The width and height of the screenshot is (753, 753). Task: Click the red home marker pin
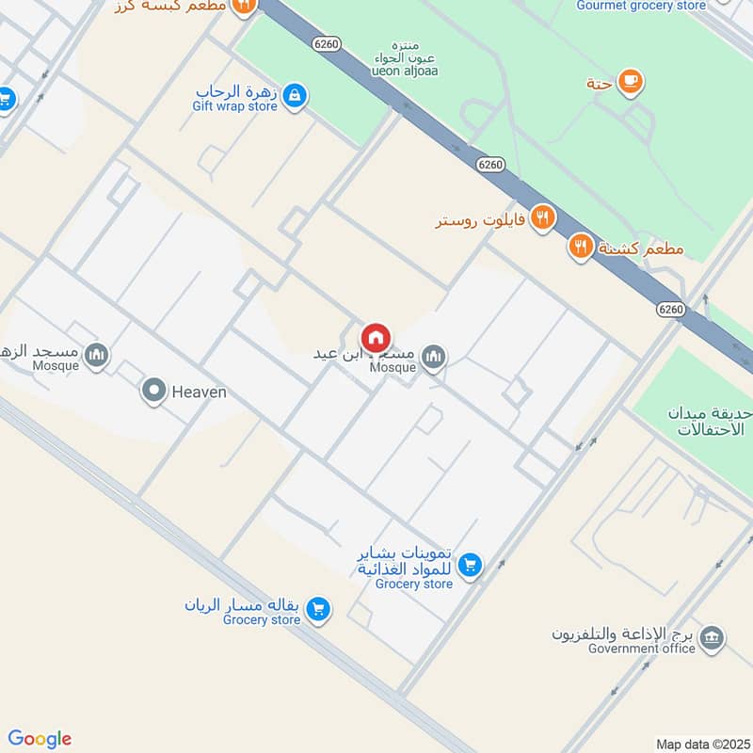point(376,338)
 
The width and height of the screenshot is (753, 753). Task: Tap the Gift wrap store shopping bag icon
point(296,95)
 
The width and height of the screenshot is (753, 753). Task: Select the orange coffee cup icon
point(631,82)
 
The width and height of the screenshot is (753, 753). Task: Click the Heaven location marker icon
point(153,390)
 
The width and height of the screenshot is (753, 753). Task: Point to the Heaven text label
point(199,392)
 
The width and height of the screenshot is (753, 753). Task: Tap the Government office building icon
point(713,637)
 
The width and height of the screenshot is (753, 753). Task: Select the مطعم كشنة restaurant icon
point(580,248)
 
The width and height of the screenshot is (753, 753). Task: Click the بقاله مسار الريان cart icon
point(318,610)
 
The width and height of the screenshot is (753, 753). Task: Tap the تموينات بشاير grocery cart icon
point(471,565)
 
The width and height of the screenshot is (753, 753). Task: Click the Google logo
point(40,739)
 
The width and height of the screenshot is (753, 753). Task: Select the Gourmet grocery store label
point(642,6)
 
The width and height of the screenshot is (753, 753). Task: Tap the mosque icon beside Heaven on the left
point(95,355)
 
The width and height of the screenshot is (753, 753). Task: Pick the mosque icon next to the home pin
point(433,356)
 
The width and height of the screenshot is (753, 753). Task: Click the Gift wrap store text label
point(236,106)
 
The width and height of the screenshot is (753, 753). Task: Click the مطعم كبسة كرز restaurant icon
point(244,7)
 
